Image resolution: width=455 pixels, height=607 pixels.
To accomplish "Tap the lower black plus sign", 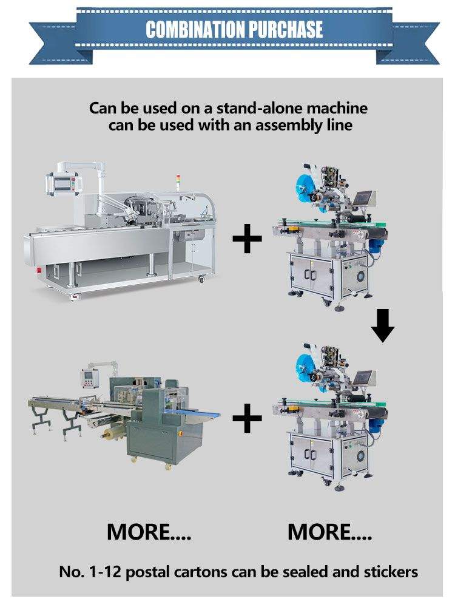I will (247, 419).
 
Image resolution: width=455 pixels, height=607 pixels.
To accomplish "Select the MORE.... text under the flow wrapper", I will (149, 532).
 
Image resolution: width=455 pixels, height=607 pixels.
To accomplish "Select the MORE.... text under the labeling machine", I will (329, 532).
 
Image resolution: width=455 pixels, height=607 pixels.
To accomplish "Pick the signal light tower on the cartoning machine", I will (177, 180).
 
